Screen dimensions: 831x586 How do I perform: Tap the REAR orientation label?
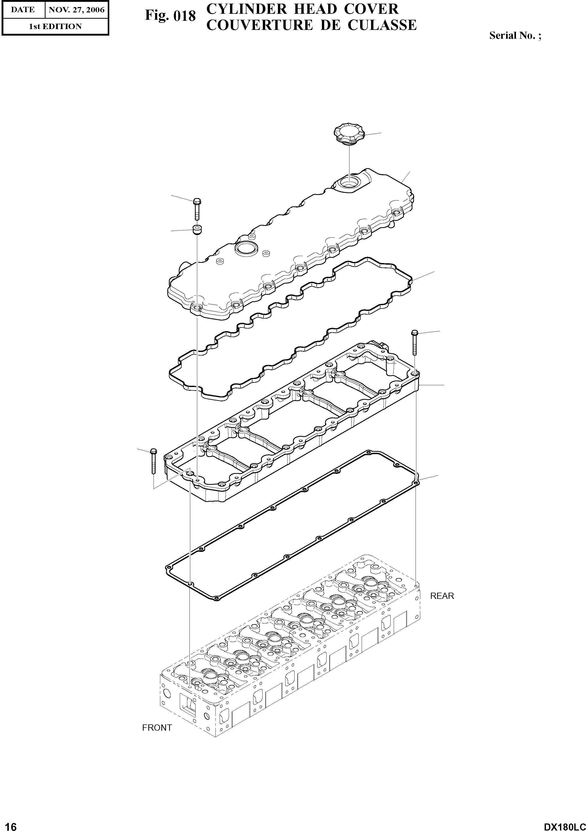[442, 596]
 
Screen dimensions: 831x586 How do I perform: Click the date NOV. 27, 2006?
[77, 10]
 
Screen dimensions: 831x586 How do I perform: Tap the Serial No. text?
[515, 35]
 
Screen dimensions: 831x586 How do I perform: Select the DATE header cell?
[23, 10]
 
